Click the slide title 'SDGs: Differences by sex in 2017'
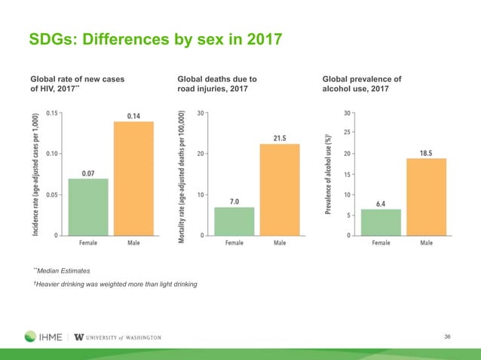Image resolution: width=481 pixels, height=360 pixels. coord(155,37)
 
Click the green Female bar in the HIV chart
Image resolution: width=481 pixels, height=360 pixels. coord(88,207)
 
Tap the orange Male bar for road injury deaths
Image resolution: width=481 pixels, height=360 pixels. coord(280,190)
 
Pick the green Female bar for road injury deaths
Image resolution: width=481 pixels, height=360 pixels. coord(234,221)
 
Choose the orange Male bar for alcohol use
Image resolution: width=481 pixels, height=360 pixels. coord(426,197)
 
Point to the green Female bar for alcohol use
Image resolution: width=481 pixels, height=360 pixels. coord(381,222)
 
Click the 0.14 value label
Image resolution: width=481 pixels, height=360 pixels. coord(133,116)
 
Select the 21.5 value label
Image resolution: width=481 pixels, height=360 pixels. coord(280,139)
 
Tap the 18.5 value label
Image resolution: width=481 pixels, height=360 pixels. coord(426,153)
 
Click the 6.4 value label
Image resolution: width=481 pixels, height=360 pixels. coord(381,203)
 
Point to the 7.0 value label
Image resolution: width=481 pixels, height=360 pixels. coord(234,201)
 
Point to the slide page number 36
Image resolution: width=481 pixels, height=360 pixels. coord(451,336)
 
